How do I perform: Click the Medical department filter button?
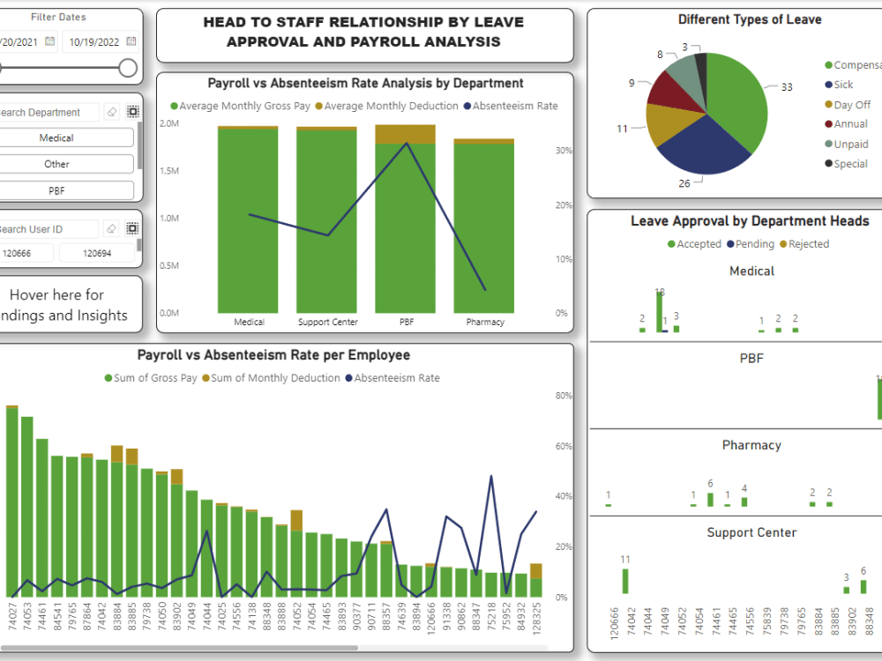[x=56, y=138]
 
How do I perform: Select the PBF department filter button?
[x=56, y=190]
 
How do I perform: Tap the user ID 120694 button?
[x=97, y=253]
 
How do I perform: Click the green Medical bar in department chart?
[x=249, y=220]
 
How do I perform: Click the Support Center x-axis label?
[x=327, y=323]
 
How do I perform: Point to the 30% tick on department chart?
[x=563, y=151]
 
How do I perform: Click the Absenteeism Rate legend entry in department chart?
[x=515, y=106]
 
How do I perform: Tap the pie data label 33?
[x=787, y=87]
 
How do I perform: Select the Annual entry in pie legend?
[x=850, y=124]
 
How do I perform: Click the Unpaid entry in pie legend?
[x=850, y=144]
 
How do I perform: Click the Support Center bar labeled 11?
[x=625, y=581]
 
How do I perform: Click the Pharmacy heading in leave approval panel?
[x=751, y=445]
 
